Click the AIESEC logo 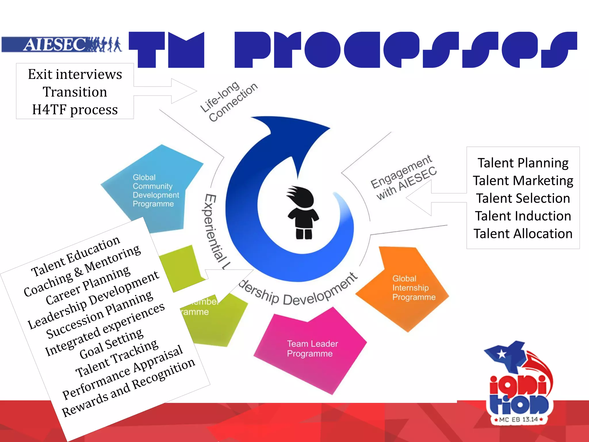62,45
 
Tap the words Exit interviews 75,75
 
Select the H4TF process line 75,110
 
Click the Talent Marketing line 523,181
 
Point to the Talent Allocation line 523,234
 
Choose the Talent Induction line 523,216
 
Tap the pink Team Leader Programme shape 311,351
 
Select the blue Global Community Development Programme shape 152,190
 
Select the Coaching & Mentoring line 82,270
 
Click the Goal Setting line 111,344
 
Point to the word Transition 75,92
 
